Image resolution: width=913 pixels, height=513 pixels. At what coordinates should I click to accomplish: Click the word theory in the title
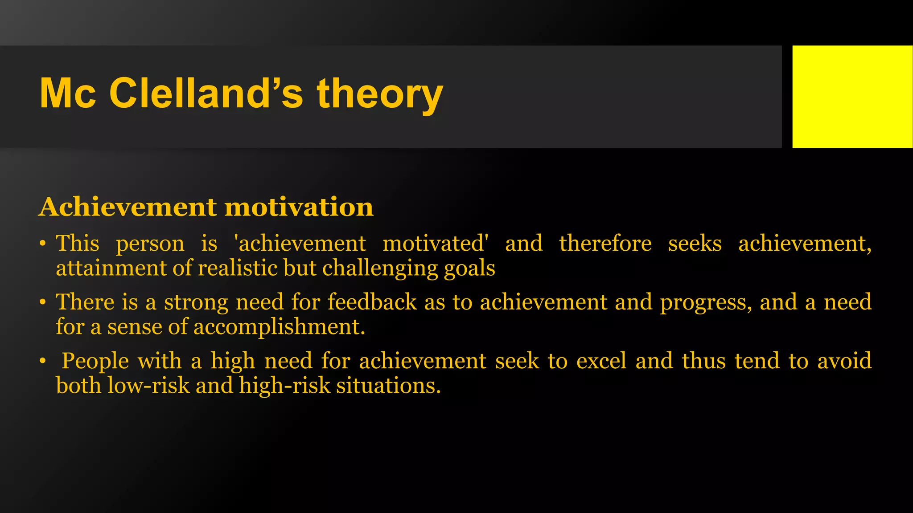click(x=380, y=94)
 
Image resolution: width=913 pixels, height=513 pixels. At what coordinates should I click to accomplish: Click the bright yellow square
click(x=852, y=96)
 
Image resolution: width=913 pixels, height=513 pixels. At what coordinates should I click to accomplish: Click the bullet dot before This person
click(x=42, y=244)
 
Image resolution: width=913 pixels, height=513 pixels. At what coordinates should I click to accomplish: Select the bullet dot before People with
click(x=42, y=361)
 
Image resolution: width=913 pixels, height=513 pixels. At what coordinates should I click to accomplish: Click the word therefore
click(x=605, y=244)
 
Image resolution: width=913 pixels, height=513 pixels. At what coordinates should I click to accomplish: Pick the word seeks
click(x=695, y=244)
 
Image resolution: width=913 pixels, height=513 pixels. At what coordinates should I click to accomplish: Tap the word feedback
click(x=372, y=302)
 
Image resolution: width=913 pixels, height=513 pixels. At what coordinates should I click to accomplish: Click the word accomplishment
click(x=279, y=327)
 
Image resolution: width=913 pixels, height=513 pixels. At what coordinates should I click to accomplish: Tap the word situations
click(x=388, y=386)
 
